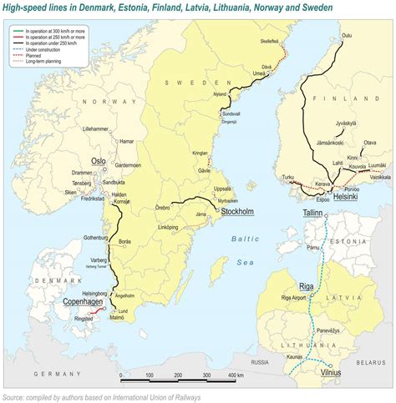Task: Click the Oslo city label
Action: click(99, 160)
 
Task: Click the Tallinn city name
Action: click(312, 214)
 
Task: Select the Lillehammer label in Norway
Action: click(101, 129)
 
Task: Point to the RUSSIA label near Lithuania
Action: click(260, 361)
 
